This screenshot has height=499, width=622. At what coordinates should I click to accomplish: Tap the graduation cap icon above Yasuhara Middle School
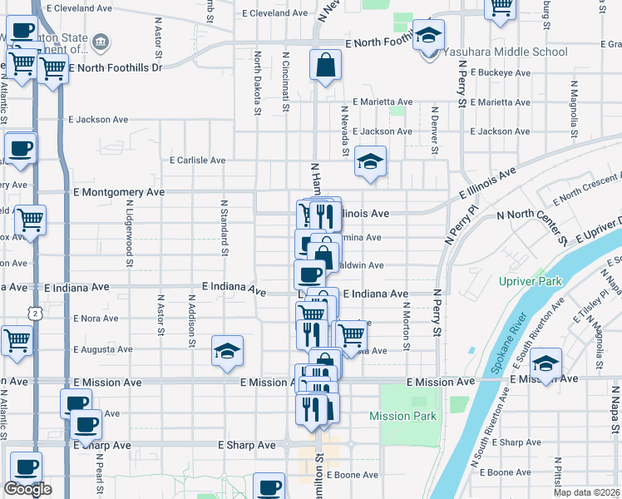click(429, 35)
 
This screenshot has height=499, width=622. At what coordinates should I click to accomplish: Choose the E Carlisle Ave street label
click(197, 160)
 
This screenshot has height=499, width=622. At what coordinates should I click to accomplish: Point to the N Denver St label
click(434, 131)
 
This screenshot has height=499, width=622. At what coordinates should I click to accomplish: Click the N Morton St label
click(407, 322)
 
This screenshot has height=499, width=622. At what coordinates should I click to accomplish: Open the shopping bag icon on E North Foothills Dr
click(325, 65)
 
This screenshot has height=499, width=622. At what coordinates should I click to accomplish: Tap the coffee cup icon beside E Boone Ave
click(268, 487)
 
